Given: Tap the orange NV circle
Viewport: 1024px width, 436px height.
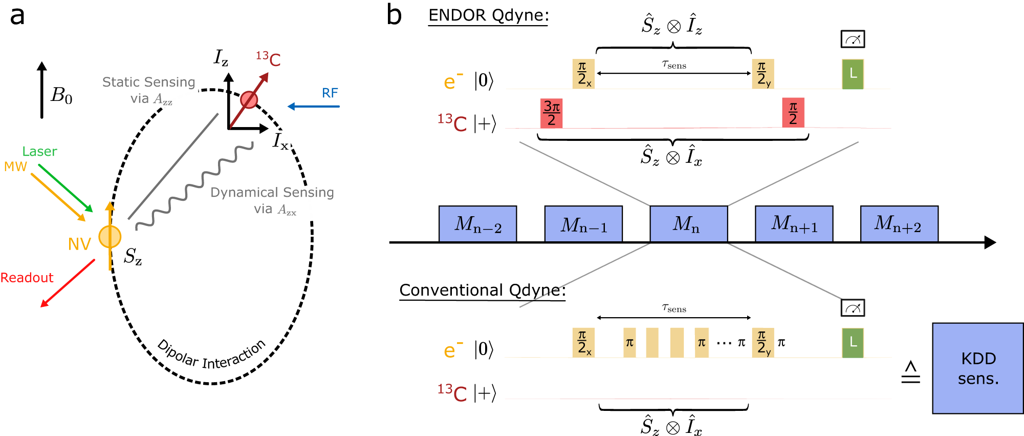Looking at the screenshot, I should click(110, 237).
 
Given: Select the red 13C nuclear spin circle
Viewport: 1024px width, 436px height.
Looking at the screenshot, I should click(249, 99).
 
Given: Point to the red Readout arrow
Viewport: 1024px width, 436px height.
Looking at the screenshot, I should click(68, 283).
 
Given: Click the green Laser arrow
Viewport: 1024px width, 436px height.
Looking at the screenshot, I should click(65, 188).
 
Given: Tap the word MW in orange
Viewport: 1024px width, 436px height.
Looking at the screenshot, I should click(15, 167).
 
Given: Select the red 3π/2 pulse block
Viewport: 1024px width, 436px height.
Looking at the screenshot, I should click(551, 113).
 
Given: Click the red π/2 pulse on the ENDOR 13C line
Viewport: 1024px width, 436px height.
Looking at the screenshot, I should click(793, 113).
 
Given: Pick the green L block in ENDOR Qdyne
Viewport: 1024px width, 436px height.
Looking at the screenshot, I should click(853, 74).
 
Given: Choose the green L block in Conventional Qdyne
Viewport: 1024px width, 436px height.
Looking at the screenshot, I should click(853, 343).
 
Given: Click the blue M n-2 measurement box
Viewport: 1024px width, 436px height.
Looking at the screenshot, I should click(477, 224).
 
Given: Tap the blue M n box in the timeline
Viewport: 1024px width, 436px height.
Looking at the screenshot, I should click(688, 224).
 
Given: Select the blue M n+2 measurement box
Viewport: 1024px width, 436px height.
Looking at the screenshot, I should click(899, 224).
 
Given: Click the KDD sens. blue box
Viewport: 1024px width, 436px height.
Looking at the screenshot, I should click(977, 368).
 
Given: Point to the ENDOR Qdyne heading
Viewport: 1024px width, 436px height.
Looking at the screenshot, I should click(488, 16).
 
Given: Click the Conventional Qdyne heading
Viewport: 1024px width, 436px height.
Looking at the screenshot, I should click(482, 290).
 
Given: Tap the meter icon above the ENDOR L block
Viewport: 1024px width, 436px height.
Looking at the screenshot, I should click(853, 39).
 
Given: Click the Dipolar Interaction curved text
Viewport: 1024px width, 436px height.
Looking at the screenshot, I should click(211, 355).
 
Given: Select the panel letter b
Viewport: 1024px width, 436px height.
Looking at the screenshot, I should click(394, 15).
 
